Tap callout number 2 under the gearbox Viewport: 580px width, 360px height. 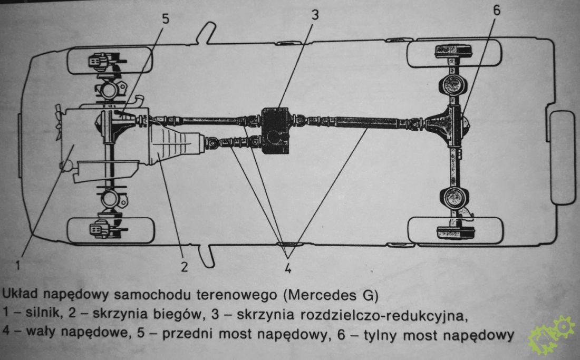[x=183, y=266]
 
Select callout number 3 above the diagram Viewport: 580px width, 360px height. [x=315, y=15]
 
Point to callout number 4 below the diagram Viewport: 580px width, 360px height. [x=288, y=266]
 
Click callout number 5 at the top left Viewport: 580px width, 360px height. [x=165, y=19]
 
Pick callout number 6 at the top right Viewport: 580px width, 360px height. [x=497, y=11]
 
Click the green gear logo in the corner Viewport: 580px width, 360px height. [x=553, y=334]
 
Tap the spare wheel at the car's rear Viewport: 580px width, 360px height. [x=562, y=157]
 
